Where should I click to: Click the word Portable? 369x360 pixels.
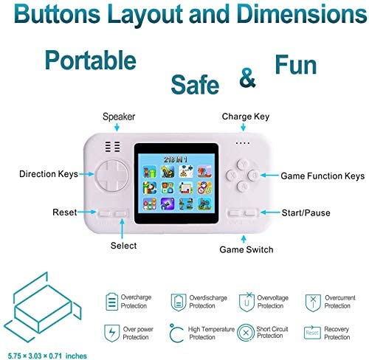coord(90,60)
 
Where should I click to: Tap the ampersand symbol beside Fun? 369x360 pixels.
coord(247,77)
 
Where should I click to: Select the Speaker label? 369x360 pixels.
coord(119,117)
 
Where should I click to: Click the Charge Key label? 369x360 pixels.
coord(246,117)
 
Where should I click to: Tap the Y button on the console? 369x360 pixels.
coord(243,164)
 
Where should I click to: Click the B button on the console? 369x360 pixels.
coord(254,175)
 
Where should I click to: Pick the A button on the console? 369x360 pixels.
coord(243,186)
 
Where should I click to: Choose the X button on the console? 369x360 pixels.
coord(232,175)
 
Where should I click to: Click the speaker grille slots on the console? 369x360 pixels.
coord(113,147)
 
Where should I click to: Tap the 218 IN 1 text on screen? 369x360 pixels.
coord(176,159)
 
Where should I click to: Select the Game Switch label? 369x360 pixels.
coord(246,249)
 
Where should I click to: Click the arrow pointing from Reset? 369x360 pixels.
coord(86,212)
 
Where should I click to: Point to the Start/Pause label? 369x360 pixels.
coord(306,212)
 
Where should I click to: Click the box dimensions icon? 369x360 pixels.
coord(43,308)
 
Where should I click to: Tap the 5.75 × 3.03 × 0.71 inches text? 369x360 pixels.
coord(47,356)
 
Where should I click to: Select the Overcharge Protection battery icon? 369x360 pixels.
coord(111,301)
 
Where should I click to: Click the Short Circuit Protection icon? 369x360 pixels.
coord(245,333)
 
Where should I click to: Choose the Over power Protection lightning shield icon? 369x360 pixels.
coord(111,333)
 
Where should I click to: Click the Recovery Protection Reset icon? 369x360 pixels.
coord(312,333)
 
